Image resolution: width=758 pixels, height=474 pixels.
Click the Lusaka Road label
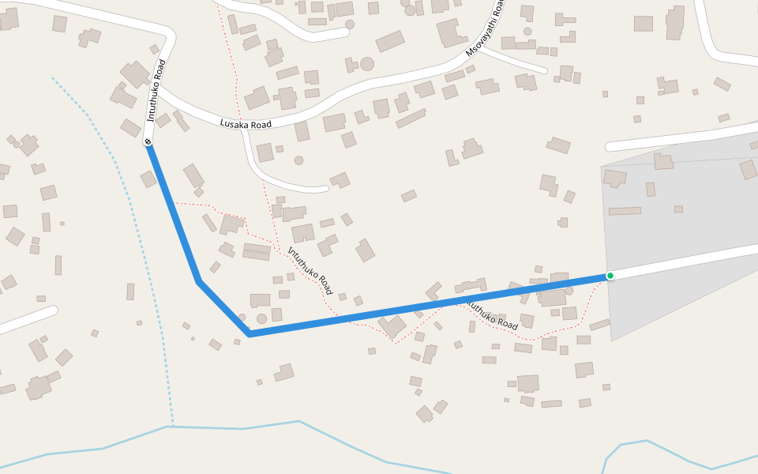pos(246,124)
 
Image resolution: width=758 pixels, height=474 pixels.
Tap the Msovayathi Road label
pos(485,29)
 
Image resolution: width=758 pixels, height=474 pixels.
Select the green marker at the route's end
pos(610,276)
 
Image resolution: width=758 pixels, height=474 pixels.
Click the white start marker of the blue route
pos(148,142)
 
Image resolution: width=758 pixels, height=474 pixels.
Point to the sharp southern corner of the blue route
pos(250,334)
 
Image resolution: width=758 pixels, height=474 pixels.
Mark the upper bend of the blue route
pos(198,281)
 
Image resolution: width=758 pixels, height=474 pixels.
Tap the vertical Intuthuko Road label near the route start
pos(156,89)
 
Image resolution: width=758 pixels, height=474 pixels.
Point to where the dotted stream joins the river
pos(171,427)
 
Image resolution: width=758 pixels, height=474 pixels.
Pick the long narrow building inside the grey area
pos(625,211)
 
